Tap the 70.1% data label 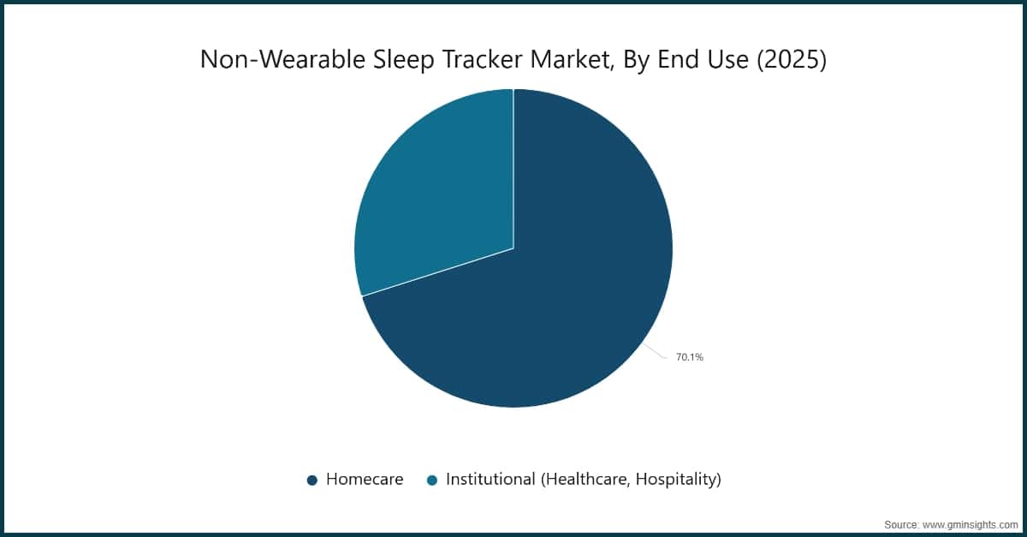[689, 357]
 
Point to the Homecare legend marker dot [312, 480]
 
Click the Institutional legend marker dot [432, 480]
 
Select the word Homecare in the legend [365, 480]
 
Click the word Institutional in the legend [490, 480]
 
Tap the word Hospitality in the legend [675, 480]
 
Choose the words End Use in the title [703, 60]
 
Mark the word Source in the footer [902, 523]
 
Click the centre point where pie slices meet [513, 248]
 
